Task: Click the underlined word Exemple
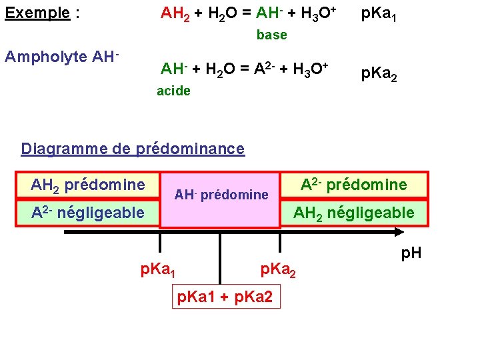37,13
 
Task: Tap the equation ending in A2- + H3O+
244,69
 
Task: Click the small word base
272,35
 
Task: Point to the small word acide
173,91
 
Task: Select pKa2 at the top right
379,75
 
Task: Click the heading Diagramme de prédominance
133,149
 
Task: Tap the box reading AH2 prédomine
88,185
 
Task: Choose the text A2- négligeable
87,213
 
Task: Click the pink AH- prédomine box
221,195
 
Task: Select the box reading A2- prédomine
353,185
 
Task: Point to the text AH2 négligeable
353,213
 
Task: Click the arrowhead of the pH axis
399,232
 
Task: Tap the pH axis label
411,254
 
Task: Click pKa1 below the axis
158,270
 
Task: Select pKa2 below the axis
278,270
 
